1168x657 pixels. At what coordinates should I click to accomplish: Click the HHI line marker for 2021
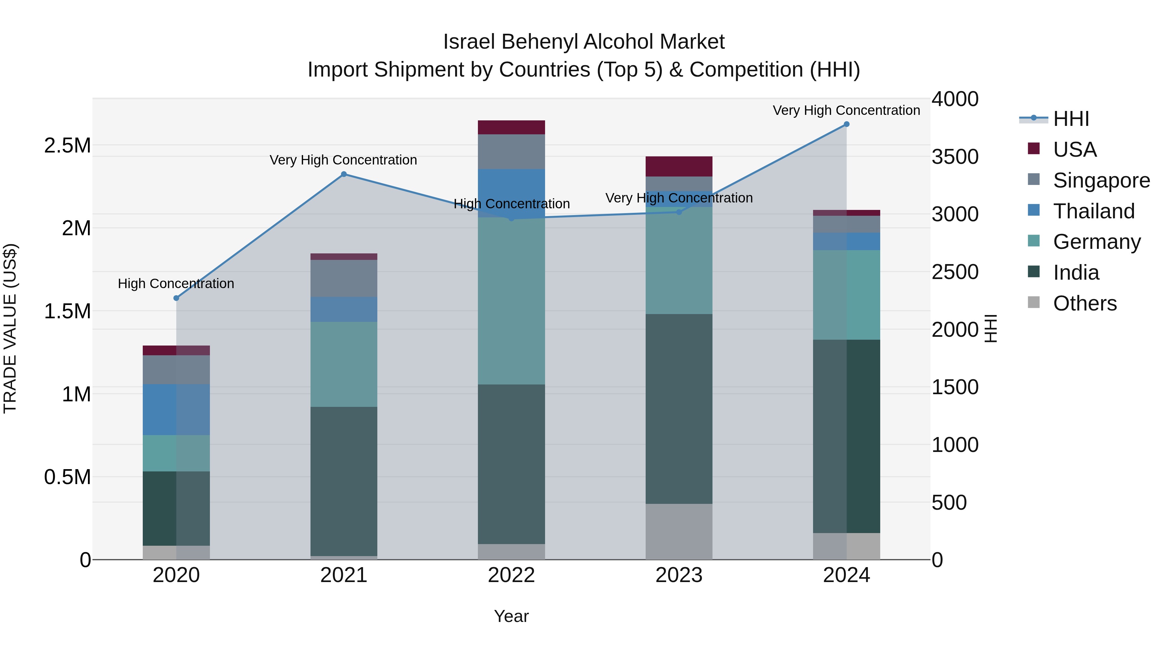(x=344, y=174)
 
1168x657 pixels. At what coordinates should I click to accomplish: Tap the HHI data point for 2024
(x=846, y=124)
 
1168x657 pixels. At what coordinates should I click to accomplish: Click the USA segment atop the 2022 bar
(x=511, y=128)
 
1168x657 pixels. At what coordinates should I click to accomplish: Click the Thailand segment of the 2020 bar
(x=176, y=409)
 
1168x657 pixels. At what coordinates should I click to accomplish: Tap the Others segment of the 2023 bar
(x=679, y=531)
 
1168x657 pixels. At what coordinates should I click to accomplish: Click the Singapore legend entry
(x=1101, y=180)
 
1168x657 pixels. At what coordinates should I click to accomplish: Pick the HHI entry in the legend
(x=1071, y=119)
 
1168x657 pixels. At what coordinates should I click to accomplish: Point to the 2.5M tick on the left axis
(x=67, y=146)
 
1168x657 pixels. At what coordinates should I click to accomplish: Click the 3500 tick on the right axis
(x=955, y=157)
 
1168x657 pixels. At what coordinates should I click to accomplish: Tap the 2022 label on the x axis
(x=511, y=575)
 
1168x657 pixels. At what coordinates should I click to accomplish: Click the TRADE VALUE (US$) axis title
(x=10, y=328)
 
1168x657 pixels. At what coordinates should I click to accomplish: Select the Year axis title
(x=511, y=616)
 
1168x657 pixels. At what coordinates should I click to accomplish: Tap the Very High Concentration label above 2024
(x=846, y=111)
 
